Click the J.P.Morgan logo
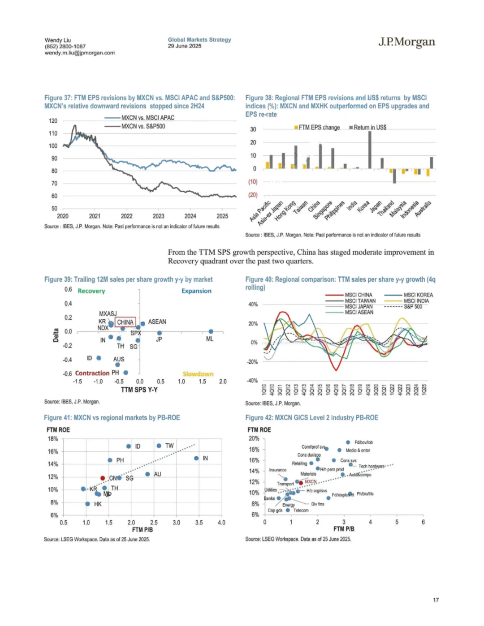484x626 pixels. click(406, 42)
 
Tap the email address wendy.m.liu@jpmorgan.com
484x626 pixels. click(79, 53)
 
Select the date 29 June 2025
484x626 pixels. click(185, 46)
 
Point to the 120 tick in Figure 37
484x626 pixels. click(53, 121)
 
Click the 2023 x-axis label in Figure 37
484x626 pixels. click(158, 216)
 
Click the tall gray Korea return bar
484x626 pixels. click(370, 150)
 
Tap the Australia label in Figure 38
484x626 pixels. click(423, 209)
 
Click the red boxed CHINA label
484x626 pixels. click(125, 322)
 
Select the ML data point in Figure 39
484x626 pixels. click(211, 331)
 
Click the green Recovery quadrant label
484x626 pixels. click(91, 291)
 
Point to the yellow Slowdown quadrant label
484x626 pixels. click(198, 374)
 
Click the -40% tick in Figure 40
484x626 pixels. click(253, 381)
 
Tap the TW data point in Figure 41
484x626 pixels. click(159, 446)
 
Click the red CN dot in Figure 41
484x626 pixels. click(103, 478)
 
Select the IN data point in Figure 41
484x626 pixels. click(196, 458)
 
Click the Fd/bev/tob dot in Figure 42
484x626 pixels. click(348, 442)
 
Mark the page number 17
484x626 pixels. click(436, 600)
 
